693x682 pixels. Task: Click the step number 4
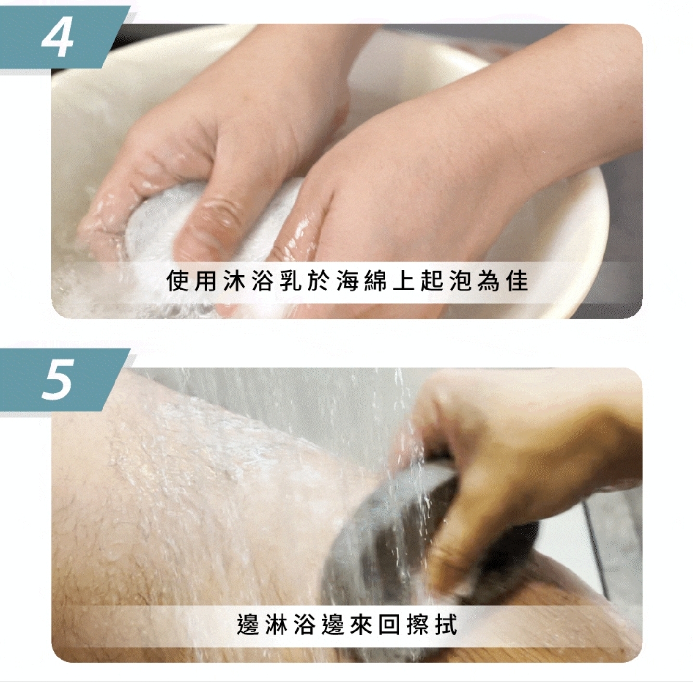pos(58,39)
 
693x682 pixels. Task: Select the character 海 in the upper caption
pos(348,282)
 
